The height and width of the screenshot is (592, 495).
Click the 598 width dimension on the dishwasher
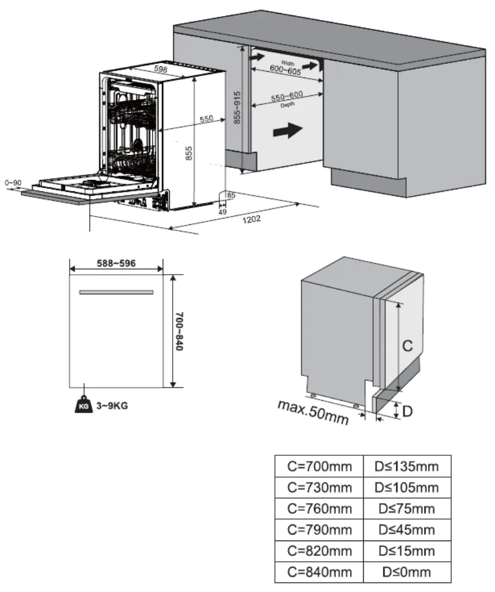pyautogui.click(x=160, y=69)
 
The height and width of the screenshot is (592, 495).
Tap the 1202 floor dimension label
pyautogui.click(x=251, y=218)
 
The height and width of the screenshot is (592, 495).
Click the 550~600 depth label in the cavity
pyautogui.click(x=287, y=97)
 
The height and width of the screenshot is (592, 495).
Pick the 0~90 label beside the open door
pyautogui.click(x=12, y=183)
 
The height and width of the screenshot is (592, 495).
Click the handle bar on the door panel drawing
pyautogui.click(x=116, y=292)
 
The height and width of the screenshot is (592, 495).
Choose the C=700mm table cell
pyautogui.click(x=319, y=466)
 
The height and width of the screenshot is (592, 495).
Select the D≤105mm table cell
pyautogui.click(x=407, y=488)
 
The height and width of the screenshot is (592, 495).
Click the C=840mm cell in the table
pyautogui.click(x=319, y=572)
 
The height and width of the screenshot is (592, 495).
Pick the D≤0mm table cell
pyautogui.click(x=407, y=572)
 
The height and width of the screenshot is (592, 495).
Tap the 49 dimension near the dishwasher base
pyautogui.click(x=222, y=211)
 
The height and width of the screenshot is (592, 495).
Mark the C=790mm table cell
pyautogui.click(x=319, y=530)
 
